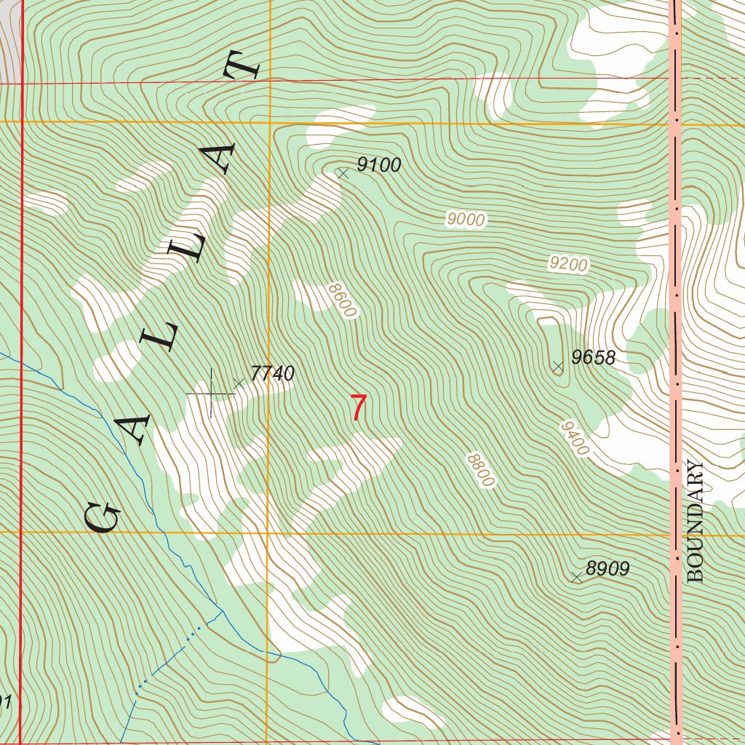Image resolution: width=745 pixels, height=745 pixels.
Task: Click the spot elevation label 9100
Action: tap(379, 165)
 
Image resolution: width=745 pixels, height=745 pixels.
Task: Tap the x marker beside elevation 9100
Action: tap(343, 172)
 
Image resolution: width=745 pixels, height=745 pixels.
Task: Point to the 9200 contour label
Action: tap(567, 264)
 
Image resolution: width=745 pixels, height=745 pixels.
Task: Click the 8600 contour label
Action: tap(343, 300)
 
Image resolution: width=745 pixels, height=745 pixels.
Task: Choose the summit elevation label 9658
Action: tap(594, 357)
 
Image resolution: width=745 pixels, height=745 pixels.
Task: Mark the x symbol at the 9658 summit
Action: tap(558, 367)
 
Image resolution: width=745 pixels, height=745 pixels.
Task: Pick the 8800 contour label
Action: tap(481, 470)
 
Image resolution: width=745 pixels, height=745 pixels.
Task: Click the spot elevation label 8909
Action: tap(607, 569)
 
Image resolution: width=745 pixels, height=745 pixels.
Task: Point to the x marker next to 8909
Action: tap(577, 577)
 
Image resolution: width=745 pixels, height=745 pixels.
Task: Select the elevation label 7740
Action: tap(272, 374)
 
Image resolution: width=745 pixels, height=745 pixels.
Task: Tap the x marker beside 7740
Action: tap(239, 382)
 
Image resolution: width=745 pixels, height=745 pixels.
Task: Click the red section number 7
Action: tap(358, 408)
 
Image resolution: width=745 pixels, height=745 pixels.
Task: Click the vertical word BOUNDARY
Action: tap(696, 522)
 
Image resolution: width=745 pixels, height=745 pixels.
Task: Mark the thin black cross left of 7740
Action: tap(212, 394)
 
